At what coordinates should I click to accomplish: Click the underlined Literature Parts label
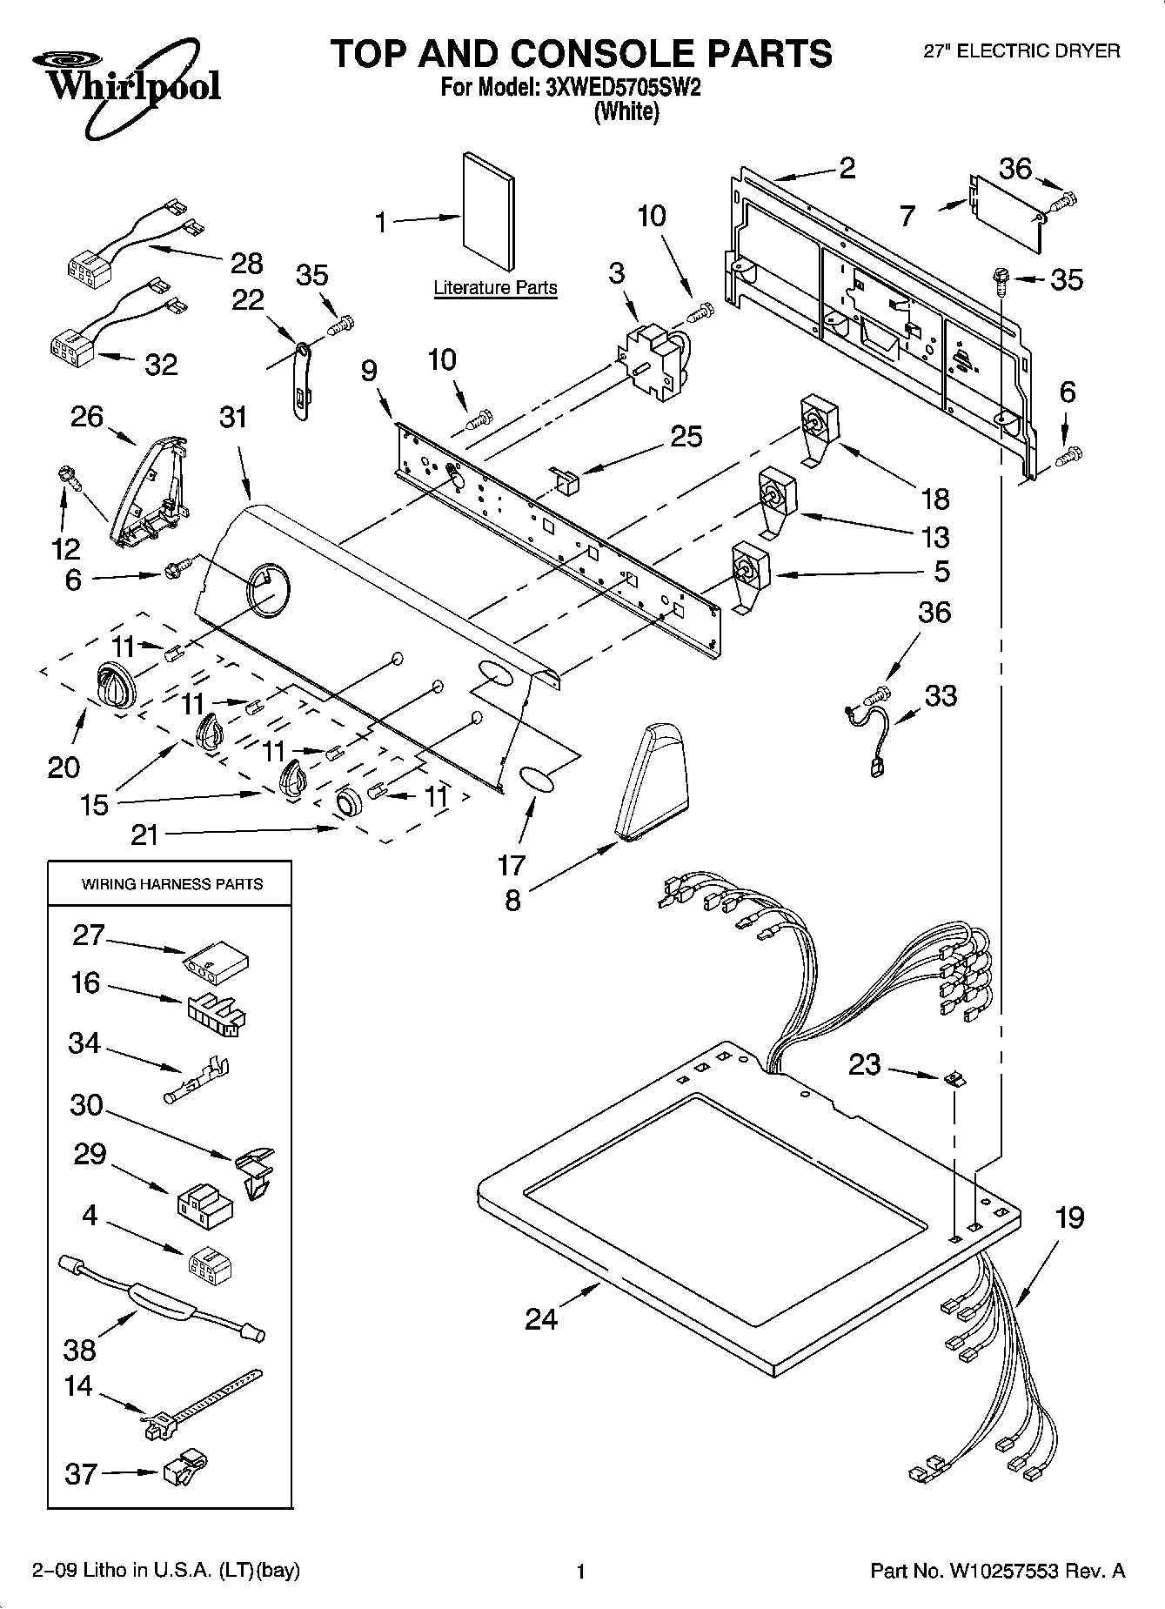495,287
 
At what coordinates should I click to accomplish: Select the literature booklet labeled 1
488,212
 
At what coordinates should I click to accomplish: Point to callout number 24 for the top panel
541,1319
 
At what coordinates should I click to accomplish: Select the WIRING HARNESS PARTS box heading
171,884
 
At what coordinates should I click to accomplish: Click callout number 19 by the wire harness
1069,1217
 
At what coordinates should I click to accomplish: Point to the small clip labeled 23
954,1079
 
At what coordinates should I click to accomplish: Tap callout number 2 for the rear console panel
847,167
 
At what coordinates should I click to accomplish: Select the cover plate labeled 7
1006,211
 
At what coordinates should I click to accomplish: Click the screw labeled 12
65,475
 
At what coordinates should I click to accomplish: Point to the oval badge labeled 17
537,780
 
